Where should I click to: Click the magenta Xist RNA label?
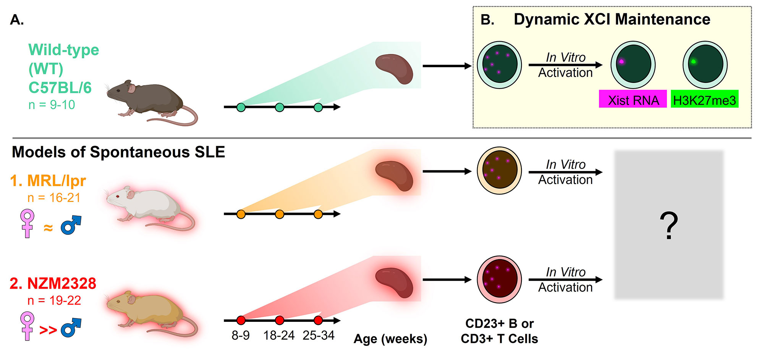click(633, 100)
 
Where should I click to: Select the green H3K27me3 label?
click(704, 100)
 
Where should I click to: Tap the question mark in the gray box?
click(668, 226)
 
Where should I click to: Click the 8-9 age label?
click(241, 336)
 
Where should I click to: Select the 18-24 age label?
click(279, 336)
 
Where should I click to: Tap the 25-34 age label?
click(319, 336)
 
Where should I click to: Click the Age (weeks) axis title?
click(390, 339)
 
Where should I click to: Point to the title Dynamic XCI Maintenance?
click(612, 19)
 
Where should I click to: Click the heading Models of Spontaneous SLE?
click(118, 152)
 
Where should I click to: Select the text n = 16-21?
click(54, 198)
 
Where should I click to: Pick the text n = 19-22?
click(54, 300)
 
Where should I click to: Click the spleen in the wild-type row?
click(394, 68)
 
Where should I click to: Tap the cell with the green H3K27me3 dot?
click(705, 65)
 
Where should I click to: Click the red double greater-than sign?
click(48, 329)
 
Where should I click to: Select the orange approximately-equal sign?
click(48, 228)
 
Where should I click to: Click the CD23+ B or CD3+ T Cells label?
click(499, 331)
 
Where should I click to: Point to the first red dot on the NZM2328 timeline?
click(241, 320)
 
